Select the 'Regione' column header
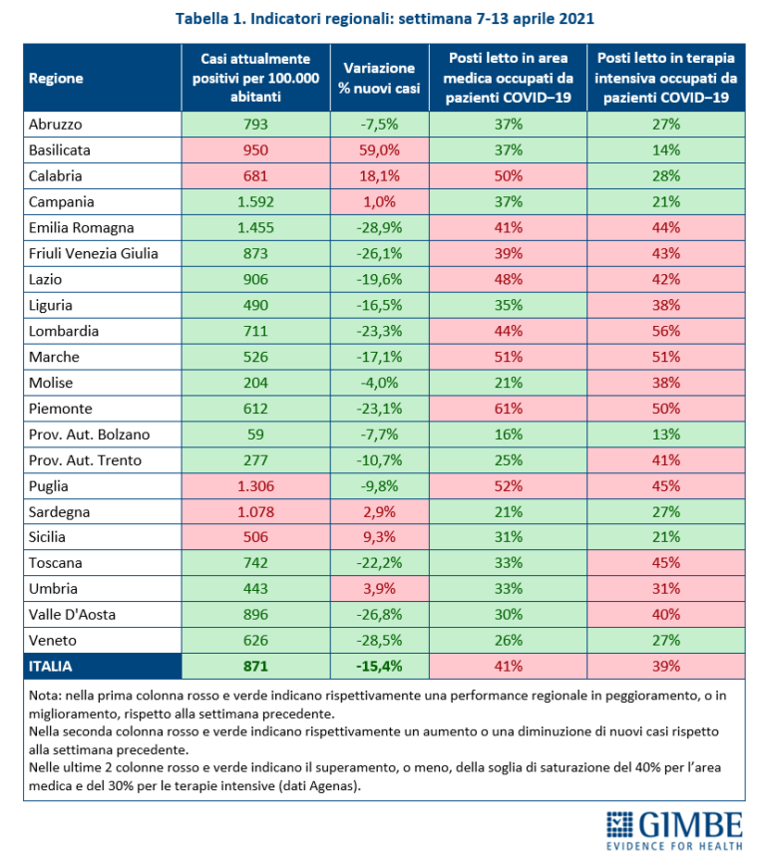56,79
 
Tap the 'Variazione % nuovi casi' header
378,79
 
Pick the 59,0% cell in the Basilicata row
378,149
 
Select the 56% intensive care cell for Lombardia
665,330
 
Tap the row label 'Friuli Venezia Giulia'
94,253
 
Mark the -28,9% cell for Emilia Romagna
378,227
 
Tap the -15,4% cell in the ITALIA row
378,665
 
